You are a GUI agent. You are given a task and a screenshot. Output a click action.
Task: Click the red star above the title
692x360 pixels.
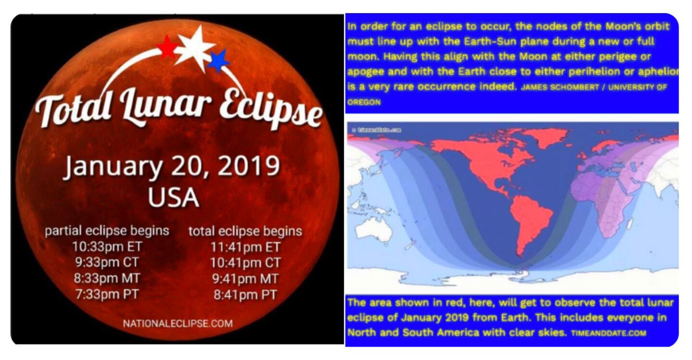tap(167, 47)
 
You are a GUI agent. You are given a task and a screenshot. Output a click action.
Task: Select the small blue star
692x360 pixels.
tap(219, 61)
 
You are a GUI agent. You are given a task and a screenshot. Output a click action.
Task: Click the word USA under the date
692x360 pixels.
tap(173, 197)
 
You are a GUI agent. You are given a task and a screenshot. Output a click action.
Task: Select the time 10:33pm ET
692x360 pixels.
tap(107, 247)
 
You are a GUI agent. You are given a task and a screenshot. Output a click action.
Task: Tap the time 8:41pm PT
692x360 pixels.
tap(245, 295)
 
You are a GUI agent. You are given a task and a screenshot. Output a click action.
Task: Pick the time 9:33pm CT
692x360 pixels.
tap(107, 262)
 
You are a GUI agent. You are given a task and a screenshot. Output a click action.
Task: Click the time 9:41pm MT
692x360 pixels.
tap(245, 279)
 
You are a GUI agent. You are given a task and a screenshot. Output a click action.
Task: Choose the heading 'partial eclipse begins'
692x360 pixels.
tap(107, 231)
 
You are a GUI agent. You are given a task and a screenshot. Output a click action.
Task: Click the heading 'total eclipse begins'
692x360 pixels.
tap(245, 231)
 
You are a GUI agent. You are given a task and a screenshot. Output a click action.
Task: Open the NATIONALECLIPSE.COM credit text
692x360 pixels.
tap(178, 323)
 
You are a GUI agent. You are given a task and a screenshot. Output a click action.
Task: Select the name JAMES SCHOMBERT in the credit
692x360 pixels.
tap(560, 87)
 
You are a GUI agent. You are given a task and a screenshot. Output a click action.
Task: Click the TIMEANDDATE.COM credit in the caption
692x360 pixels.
tap(608, 333)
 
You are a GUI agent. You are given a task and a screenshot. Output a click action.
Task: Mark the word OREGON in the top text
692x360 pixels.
tap(364, 102)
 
